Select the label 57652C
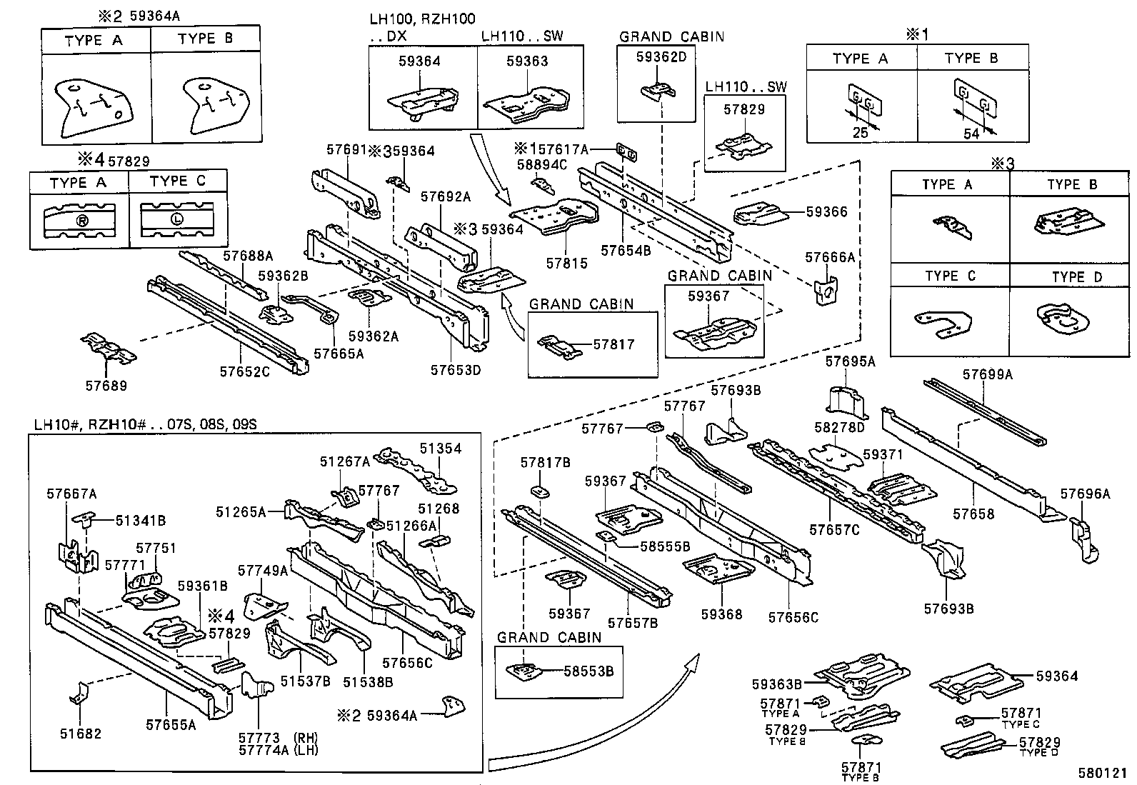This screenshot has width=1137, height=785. point(244,371)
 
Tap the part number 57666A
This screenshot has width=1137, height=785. point(830,257)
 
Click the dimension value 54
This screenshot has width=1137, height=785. point(971,134)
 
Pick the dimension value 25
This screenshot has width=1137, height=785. point(860,132)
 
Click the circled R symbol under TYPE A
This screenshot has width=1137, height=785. point(81,221)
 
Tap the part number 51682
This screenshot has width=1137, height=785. point(80,734)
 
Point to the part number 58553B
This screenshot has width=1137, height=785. point(588,671)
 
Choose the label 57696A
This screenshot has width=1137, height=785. point(1085,494)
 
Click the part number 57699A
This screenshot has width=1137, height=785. point(987,374)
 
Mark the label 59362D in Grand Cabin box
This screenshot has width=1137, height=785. point(661,56)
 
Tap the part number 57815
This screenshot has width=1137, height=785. point(567,263)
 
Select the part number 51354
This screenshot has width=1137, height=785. point(440,449)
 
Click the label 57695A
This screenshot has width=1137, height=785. point(850,361)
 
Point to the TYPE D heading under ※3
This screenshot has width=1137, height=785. point(1077,277)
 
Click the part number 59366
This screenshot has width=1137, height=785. point(826,211)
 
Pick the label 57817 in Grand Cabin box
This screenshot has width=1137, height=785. point(613,344)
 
